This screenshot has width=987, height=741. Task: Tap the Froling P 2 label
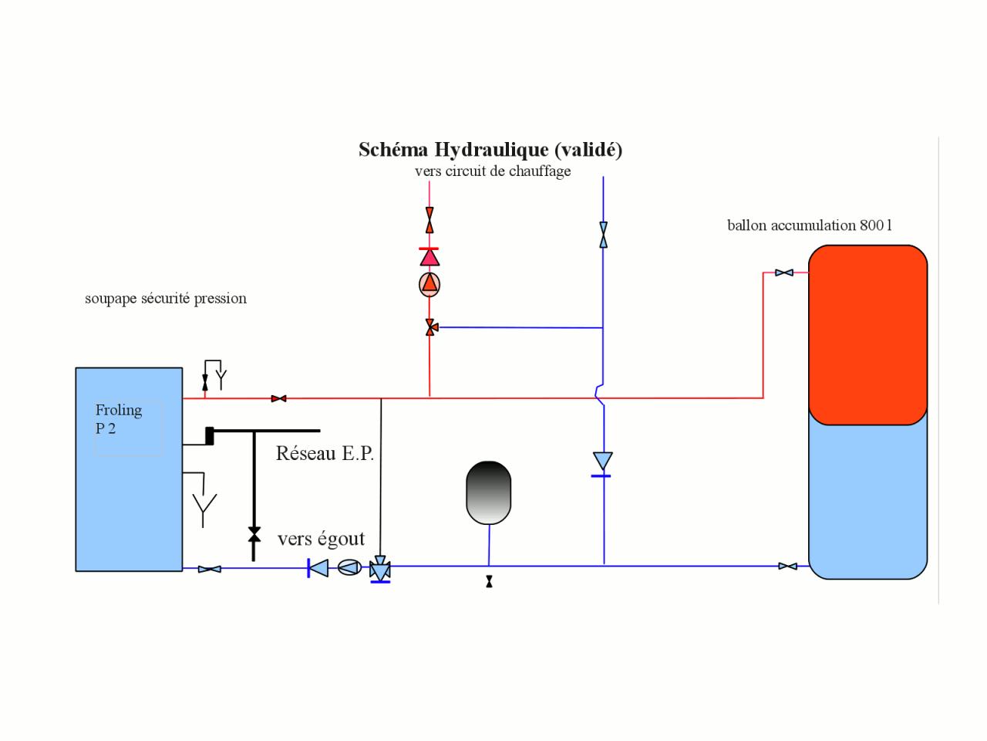coord(118,419)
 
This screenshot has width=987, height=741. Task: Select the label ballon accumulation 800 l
coord(810,225)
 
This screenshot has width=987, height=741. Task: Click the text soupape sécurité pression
coord(166,299)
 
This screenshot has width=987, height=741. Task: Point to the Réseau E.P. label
coord(325,453)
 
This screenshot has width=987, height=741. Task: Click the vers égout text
coord(321,539)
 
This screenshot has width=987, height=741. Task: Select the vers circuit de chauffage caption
coord(493,171)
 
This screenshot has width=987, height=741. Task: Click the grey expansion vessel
coord(489,492)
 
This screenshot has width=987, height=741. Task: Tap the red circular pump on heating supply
coord(429,284)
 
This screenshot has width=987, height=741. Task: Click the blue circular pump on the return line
coord(349,568)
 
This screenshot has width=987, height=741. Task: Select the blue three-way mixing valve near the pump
coord(380,570)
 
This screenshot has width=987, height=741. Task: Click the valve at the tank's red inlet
coord(784,272)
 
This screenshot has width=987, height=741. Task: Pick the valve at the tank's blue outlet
coord(787,567)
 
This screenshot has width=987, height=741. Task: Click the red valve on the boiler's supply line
coord(279,398)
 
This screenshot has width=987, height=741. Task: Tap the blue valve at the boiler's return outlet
coord(209,569)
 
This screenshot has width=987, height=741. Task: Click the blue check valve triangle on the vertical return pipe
coord(602,462)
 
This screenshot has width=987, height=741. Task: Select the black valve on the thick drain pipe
coord(254,534)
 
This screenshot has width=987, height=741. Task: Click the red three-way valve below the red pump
coord(430,327)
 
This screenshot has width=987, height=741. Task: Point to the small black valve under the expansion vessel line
coord(489,582)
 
